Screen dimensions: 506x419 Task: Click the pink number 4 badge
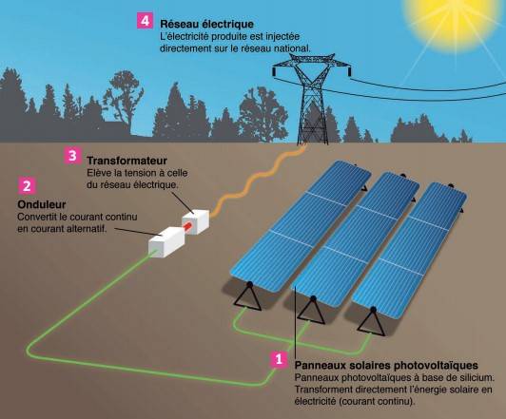tap(145, 20)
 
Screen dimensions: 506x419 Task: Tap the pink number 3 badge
tap(72, 156)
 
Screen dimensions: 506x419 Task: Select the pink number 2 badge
tap(27, 186)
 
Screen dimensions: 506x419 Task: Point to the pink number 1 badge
tap(279, 358)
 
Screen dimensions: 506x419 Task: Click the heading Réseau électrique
tap(206, 24)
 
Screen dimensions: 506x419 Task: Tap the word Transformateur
tap(126, 161)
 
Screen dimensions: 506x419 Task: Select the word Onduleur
tap(42, 204)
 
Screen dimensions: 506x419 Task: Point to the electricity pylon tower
tap(312, 98)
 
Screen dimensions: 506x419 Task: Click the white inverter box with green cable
tap(166, 241)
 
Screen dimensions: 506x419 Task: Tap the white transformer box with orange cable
tap(196, 221)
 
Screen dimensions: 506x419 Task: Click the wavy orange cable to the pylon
tap(256, 180)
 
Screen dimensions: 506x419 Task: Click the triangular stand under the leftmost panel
tap(247, 297)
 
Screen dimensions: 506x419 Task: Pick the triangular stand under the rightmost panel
tap(372, 322)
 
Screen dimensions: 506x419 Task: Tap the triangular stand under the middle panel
tap(311, 310)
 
